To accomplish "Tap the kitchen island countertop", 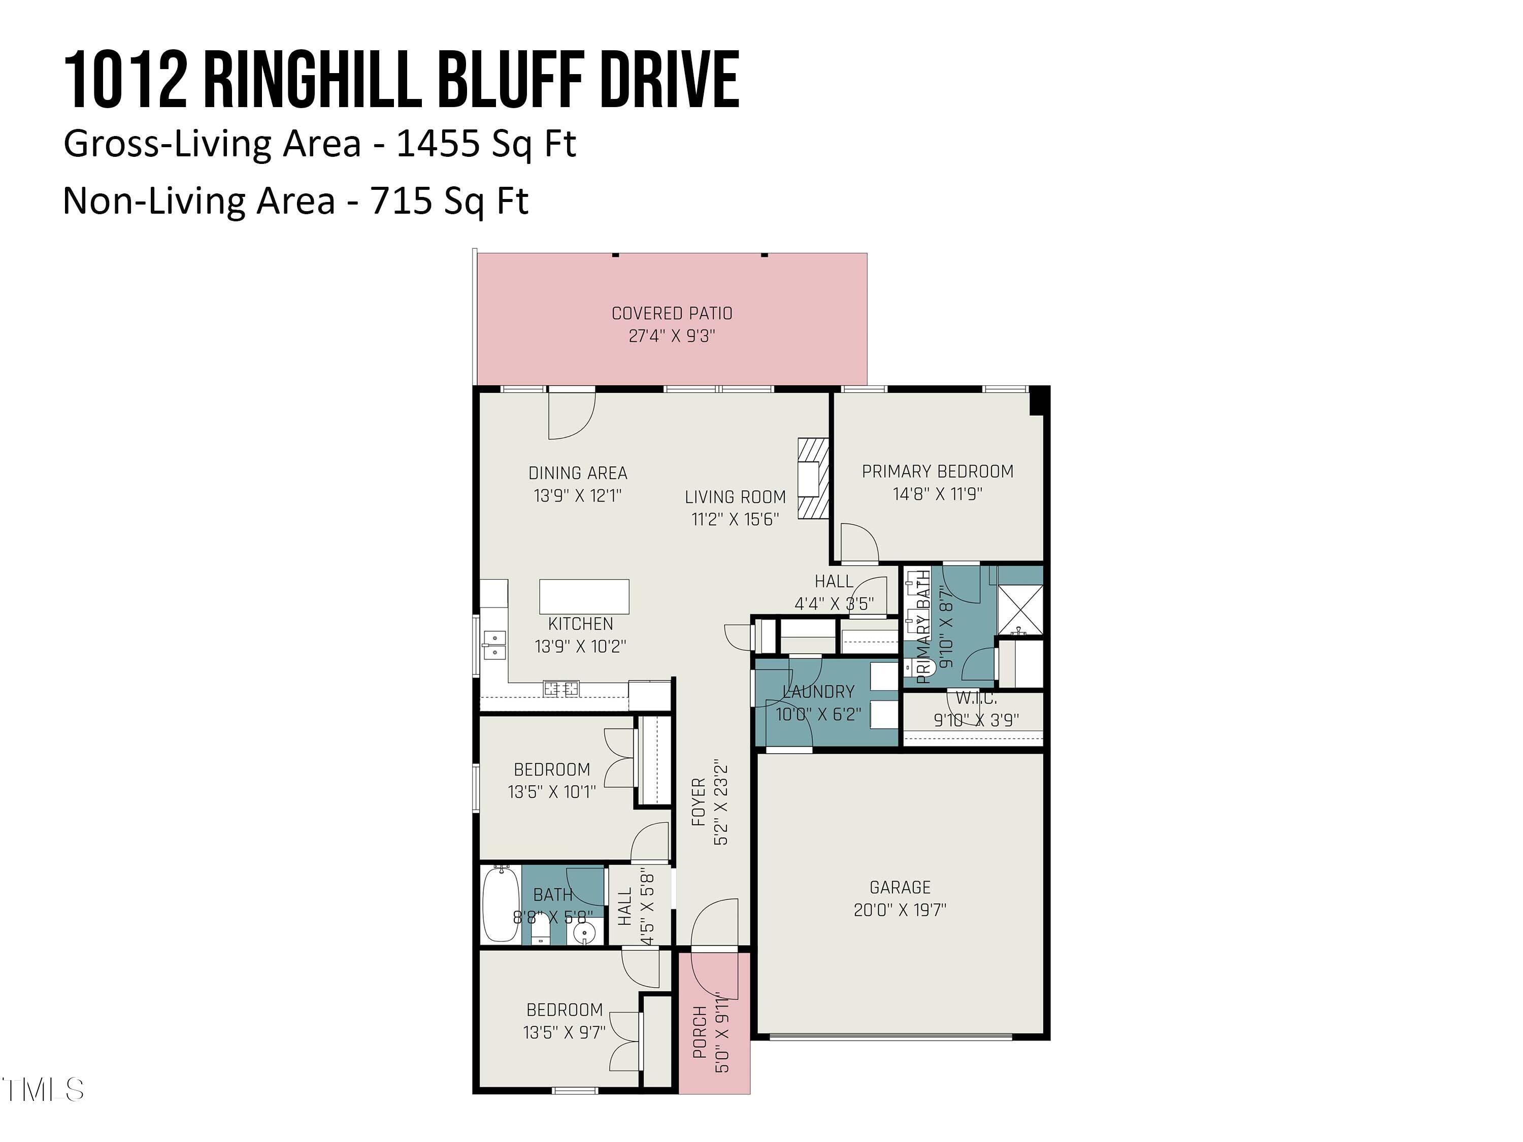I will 584,596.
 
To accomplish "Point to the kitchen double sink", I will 493,645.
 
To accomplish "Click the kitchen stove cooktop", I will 560,688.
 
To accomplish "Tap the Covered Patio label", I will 671,313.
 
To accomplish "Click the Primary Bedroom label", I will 937,472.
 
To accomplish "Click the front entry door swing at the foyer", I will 716,922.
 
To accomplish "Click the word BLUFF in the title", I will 510,81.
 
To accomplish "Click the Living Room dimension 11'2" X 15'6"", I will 735,519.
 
